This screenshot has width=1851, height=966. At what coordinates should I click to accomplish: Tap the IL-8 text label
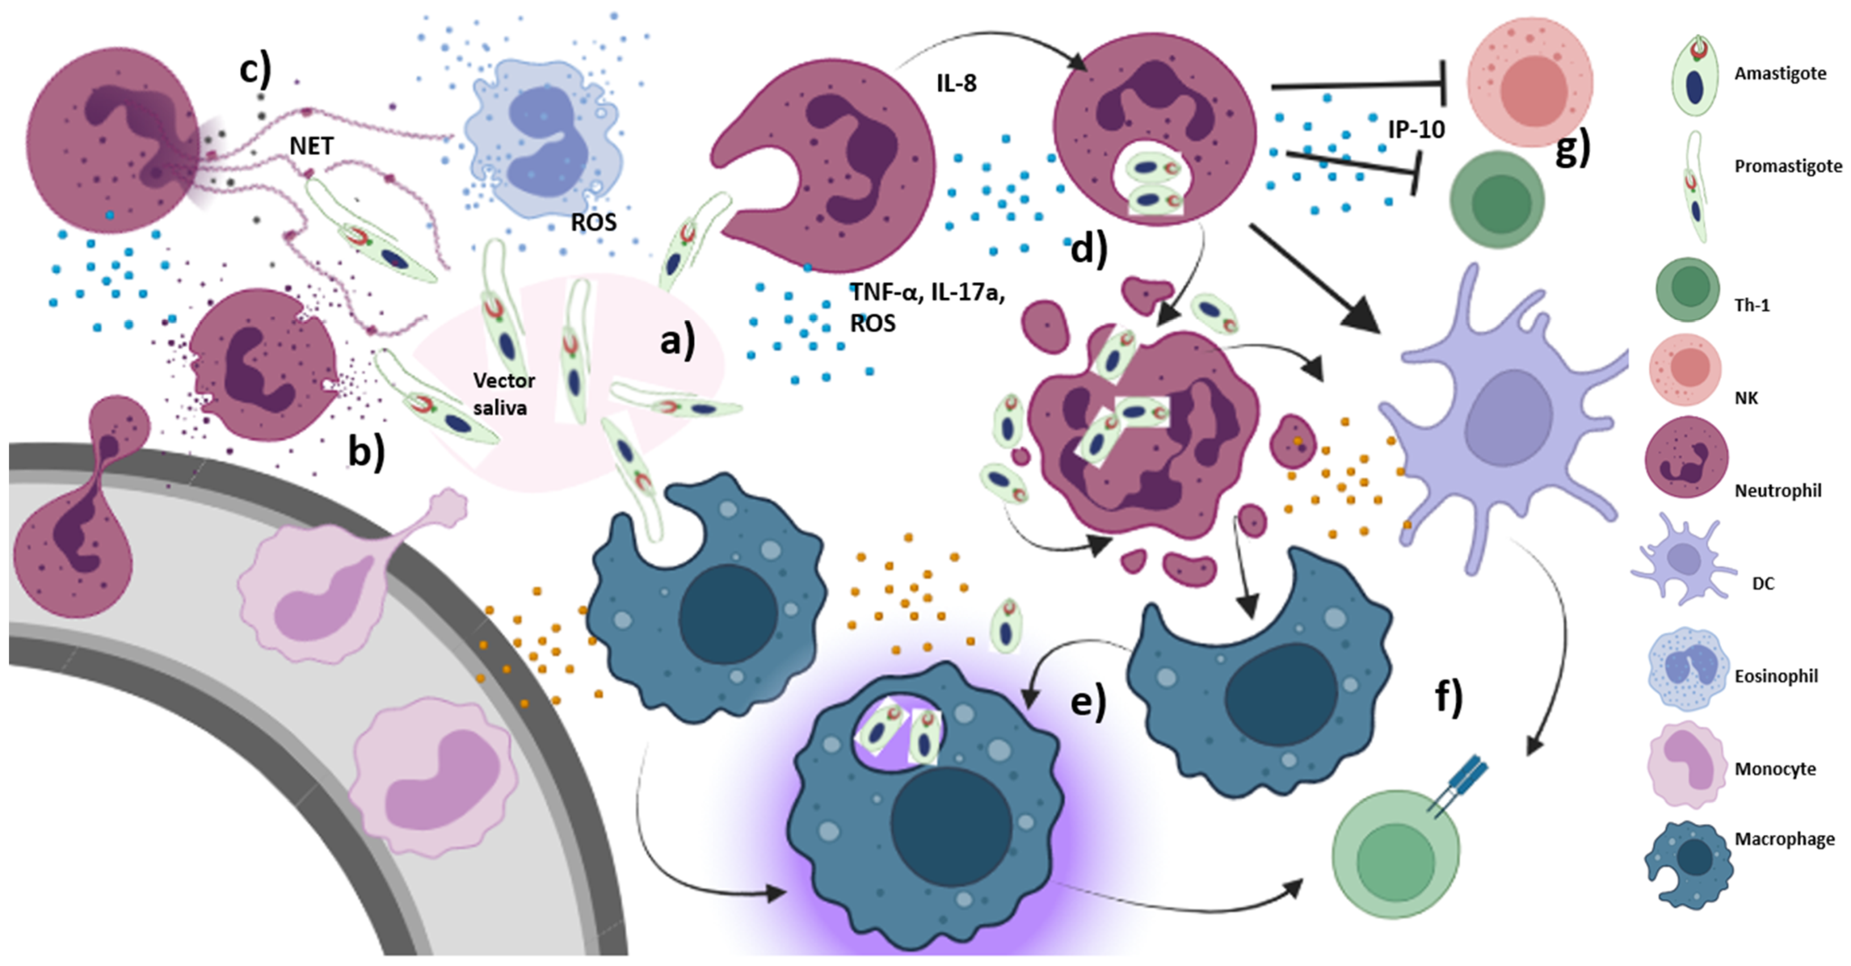956,83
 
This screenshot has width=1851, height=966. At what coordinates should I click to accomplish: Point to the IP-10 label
1415,129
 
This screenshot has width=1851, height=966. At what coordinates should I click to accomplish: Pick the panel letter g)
1572,149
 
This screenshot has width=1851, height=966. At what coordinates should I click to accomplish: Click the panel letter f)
1449,697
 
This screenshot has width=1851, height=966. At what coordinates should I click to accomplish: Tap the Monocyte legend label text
1775,768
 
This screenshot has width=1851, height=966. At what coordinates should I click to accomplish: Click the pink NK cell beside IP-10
1529,83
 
